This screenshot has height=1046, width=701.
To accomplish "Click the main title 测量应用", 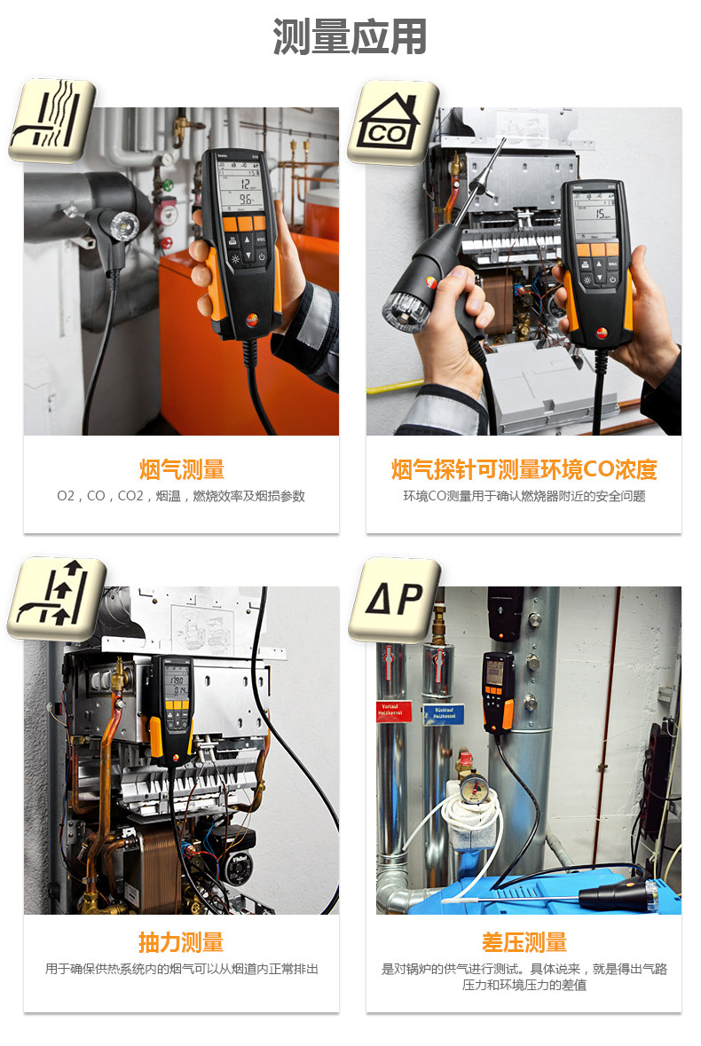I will [x=350, y=37].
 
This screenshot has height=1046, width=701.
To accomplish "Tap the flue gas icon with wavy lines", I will [x=51, y=121].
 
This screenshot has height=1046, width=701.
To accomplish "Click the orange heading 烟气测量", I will [x=181, y=469].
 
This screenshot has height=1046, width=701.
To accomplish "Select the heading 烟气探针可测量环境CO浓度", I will [x=524, y=469].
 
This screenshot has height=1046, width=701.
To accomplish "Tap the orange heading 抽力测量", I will [x=181, y=942].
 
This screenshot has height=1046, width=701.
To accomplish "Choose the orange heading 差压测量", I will [x=524, y=942].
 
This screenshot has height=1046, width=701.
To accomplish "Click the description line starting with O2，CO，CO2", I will [x=181, y=496].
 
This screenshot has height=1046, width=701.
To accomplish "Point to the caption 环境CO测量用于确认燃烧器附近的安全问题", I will [x=524, y=496].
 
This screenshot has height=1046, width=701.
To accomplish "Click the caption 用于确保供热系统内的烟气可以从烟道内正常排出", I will [x=181, y=969].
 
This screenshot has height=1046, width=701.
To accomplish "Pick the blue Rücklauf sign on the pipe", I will [x=443, y=713].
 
